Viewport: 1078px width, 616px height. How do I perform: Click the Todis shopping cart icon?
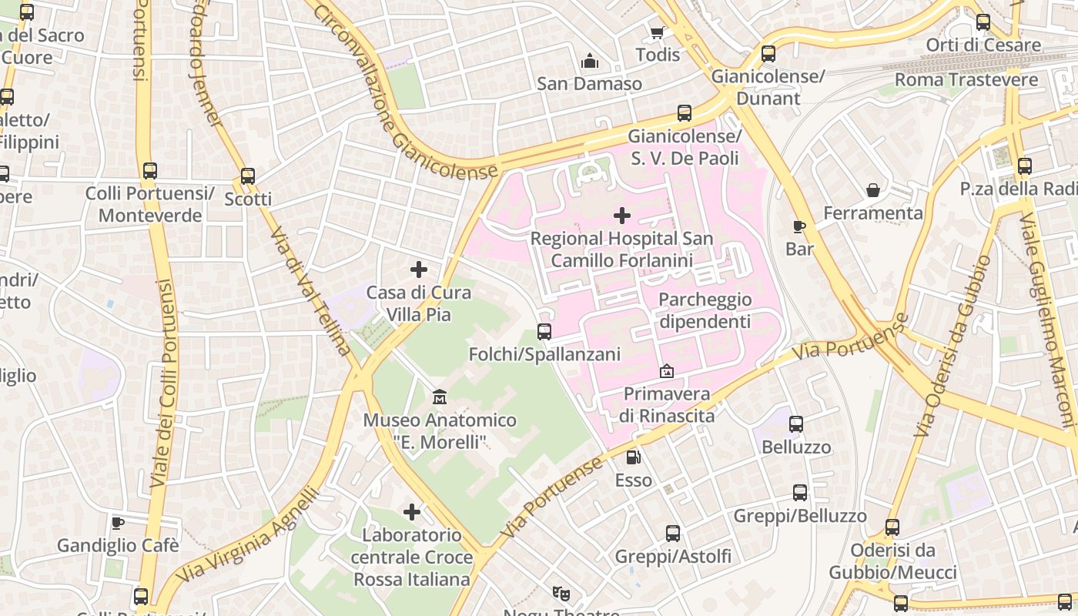point(657,32)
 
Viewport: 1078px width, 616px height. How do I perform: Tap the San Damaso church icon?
point(590,61)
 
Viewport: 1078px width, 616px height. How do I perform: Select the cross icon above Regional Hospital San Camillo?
point(622,216)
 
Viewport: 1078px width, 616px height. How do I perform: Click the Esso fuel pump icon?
point(633,457)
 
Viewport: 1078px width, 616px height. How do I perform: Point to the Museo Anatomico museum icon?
point(440,397)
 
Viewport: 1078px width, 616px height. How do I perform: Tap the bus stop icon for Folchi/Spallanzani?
point(544,332)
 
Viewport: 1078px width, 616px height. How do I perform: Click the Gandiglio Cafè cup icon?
point(118,524)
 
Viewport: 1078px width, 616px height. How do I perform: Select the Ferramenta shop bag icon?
point(873,190)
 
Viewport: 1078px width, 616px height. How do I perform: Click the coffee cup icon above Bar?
point(799,226)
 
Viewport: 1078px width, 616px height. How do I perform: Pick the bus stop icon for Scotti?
point(248,176)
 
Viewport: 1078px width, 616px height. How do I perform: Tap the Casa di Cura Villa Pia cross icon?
point(419,269)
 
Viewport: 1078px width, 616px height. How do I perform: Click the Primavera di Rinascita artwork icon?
point(667,372)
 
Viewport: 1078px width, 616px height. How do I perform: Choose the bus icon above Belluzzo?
point(796,424)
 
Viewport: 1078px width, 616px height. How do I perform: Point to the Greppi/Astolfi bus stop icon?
point(673,533)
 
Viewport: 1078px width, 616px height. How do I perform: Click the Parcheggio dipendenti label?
point(705,310)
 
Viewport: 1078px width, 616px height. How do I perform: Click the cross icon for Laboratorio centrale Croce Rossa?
point(412,512)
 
